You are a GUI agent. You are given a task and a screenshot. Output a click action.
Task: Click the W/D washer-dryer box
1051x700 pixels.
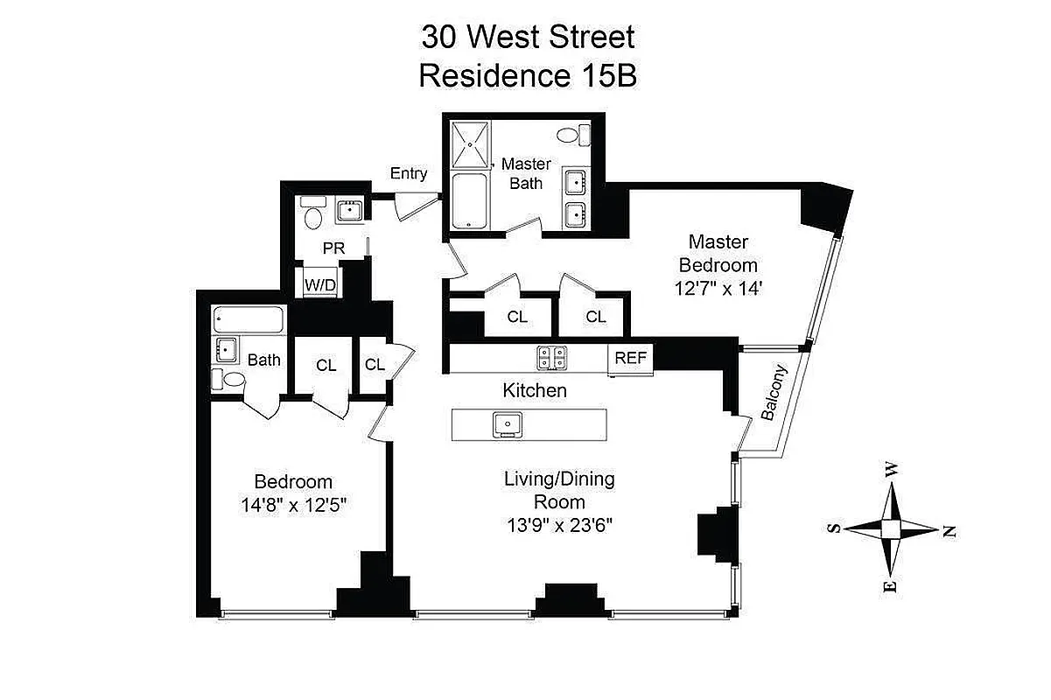point(320,284)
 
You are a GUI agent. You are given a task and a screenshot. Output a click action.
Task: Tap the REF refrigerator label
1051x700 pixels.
point(630,358)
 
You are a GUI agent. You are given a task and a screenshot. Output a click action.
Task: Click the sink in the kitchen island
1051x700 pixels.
point(507,424)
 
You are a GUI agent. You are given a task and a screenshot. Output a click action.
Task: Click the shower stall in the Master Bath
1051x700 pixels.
point(472,143)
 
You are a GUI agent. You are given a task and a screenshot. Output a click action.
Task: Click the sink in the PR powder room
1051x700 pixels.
point(350,210)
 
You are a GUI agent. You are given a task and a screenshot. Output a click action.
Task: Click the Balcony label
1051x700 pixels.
point(774,393)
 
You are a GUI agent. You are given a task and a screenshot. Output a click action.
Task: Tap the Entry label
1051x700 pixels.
point(409,173)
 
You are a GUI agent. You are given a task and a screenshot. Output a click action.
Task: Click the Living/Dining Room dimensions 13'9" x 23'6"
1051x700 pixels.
point(558,525)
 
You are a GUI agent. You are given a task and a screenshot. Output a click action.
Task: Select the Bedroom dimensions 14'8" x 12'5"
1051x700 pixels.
point(293,506)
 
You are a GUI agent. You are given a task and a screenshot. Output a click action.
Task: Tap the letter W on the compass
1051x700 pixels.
point(892,470)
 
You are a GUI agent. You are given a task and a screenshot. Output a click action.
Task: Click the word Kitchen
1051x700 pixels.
point(535,390)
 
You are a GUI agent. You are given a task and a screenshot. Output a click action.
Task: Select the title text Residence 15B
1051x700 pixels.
point(527,76)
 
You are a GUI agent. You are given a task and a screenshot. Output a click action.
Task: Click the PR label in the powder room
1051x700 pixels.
point(333,248)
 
